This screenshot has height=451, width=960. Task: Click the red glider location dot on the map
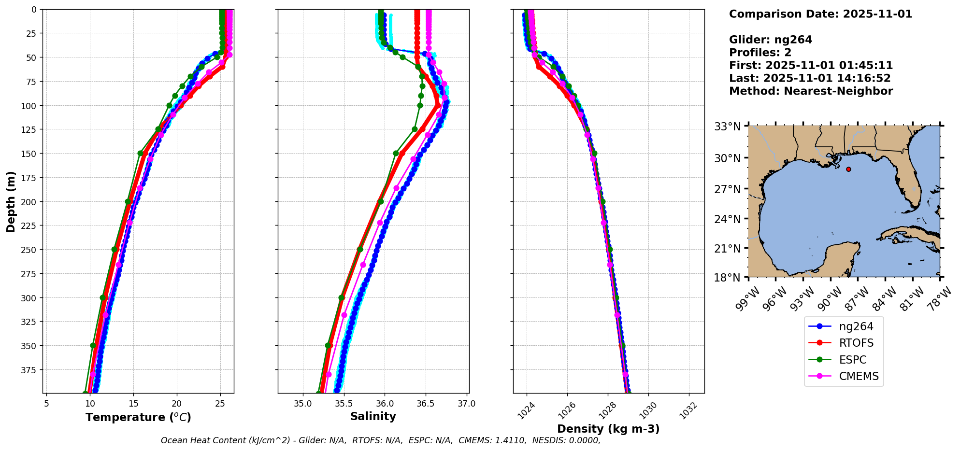848,169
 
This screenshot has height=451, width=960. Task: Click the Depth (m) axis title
11,201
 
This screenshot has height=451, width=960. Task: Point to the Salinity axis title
373,417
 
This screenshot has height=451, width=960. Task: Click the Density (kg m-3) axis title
608,429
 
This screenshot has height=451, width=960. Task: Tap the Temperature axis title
138,417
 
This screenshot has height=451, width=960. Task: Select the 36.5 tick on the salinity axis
425,404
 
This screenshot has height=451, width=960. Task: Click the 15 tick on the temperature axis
133,404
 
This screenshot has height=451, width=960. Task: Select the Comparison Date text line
820,14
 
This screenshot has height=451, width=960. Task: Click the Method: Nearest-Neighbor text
811,91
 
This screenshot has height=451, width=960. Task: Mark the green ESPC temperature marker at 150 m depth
141,153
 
